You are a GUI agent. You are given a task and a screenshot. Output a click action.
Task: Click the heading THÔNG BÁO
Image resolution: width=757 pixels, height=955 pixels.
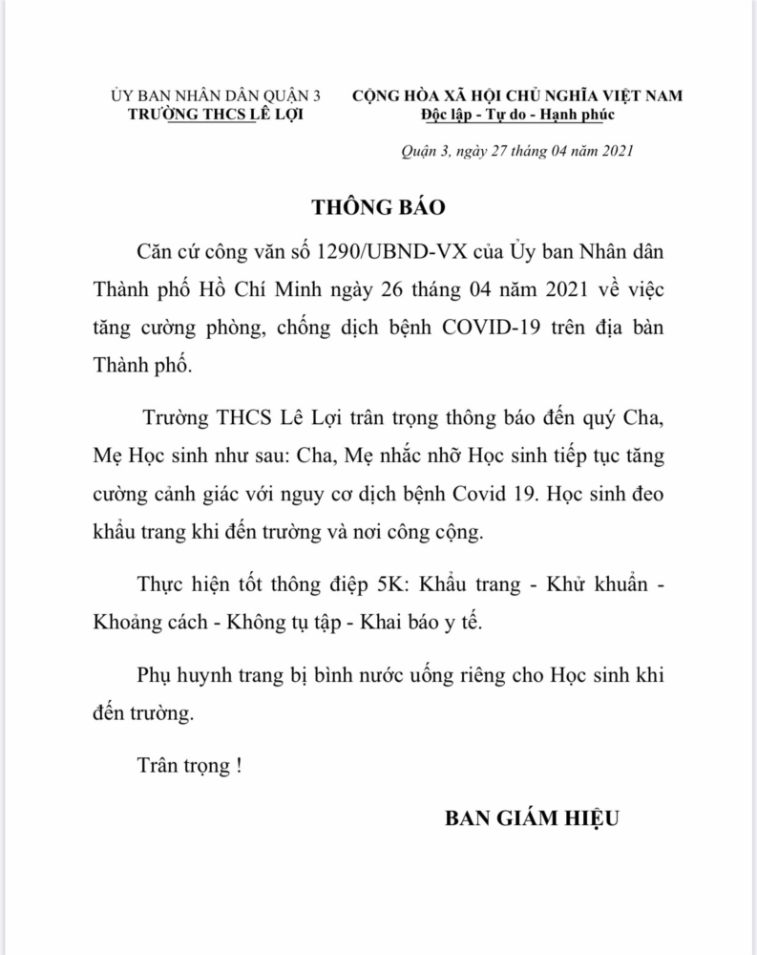379,207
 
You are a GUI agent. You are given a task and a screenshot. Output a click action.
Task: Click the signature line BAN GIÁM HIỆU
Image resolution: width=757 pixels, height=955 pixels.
532,818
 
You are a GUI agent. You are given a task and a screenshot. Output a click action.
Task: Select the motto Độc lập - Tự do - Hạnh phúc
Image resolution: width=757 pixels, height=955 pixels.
518,115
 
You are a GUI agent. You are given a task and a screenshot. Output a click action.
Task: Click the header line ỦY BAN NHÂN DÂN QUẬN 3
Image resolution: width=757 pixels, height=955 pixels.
217,96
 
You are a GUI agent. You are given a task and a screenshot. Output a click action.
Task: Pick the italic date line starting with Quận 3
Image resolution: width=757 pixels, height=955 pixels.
515,152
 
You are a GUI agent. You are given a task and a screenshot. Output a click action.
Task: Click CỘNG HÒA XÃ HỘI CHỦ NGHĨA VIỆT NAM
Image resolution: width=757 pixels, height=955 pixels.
518,96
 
